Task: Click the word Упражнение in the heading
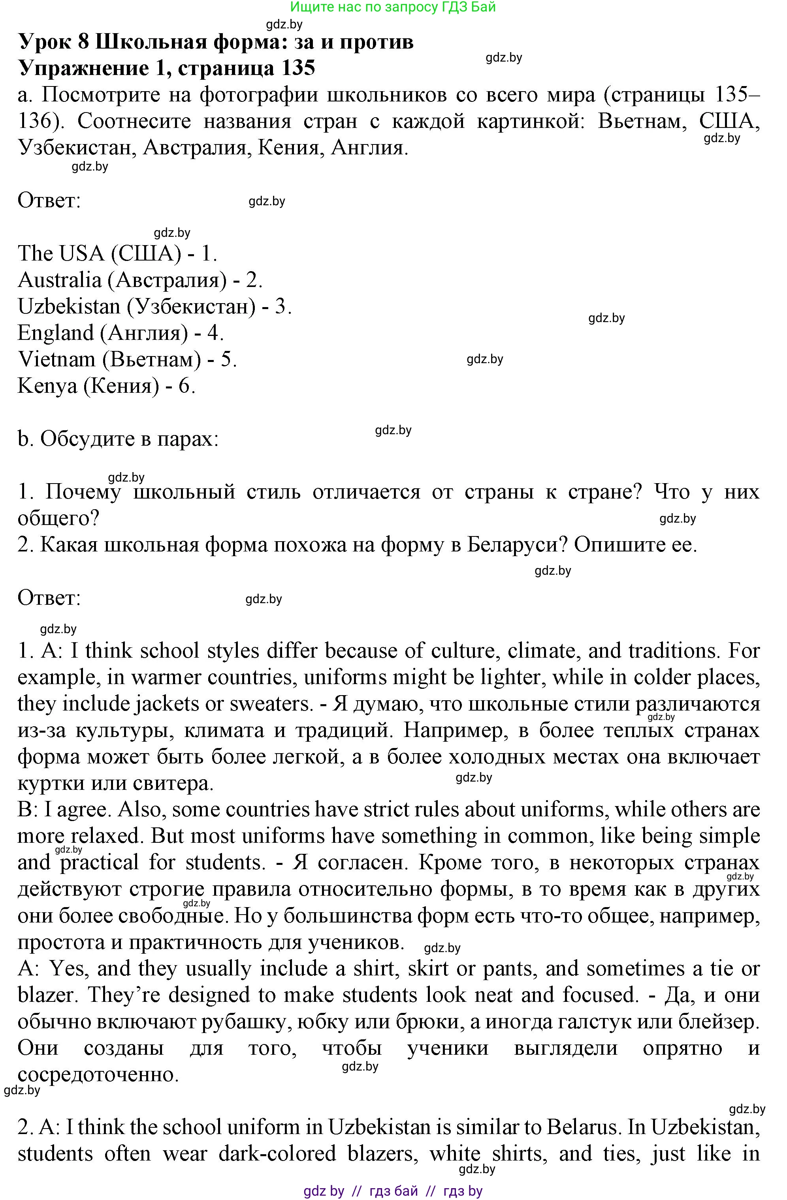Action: [x=84, y=67]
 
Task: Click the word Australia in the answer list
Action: [x=60, y=280]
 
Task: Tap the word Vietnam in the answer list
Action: [x=56, y=360]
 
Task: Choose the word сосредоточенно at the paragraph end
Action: [x=98, y=1074]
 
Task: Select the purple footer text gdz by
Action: [x=324, y=1191]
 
